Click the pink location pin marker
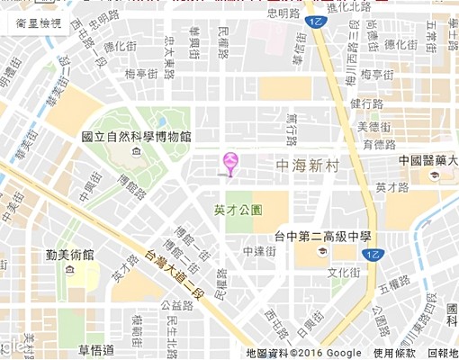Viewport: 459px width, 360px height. click(x=230, y=162)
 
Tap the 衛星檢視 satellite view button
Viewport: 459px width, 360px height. click(x=39, y=23)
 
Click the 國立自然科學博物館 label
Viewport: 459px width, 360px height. click(x=136, y=137)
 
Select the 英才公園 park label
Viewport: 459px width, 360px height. click(x=238, y=210)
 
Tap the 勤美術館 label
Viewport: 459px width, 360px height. click(x=70, y=255)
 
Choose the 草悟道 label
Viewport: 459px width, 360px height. click(x=96, y=349)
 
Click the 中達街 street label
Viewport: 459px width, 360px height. click(x=258, y=251)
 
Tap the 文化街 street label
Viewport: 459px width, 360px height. click(x=344, y=273)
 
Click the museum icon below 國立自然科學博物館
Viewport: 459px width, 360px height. click(x=135, y=153)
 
